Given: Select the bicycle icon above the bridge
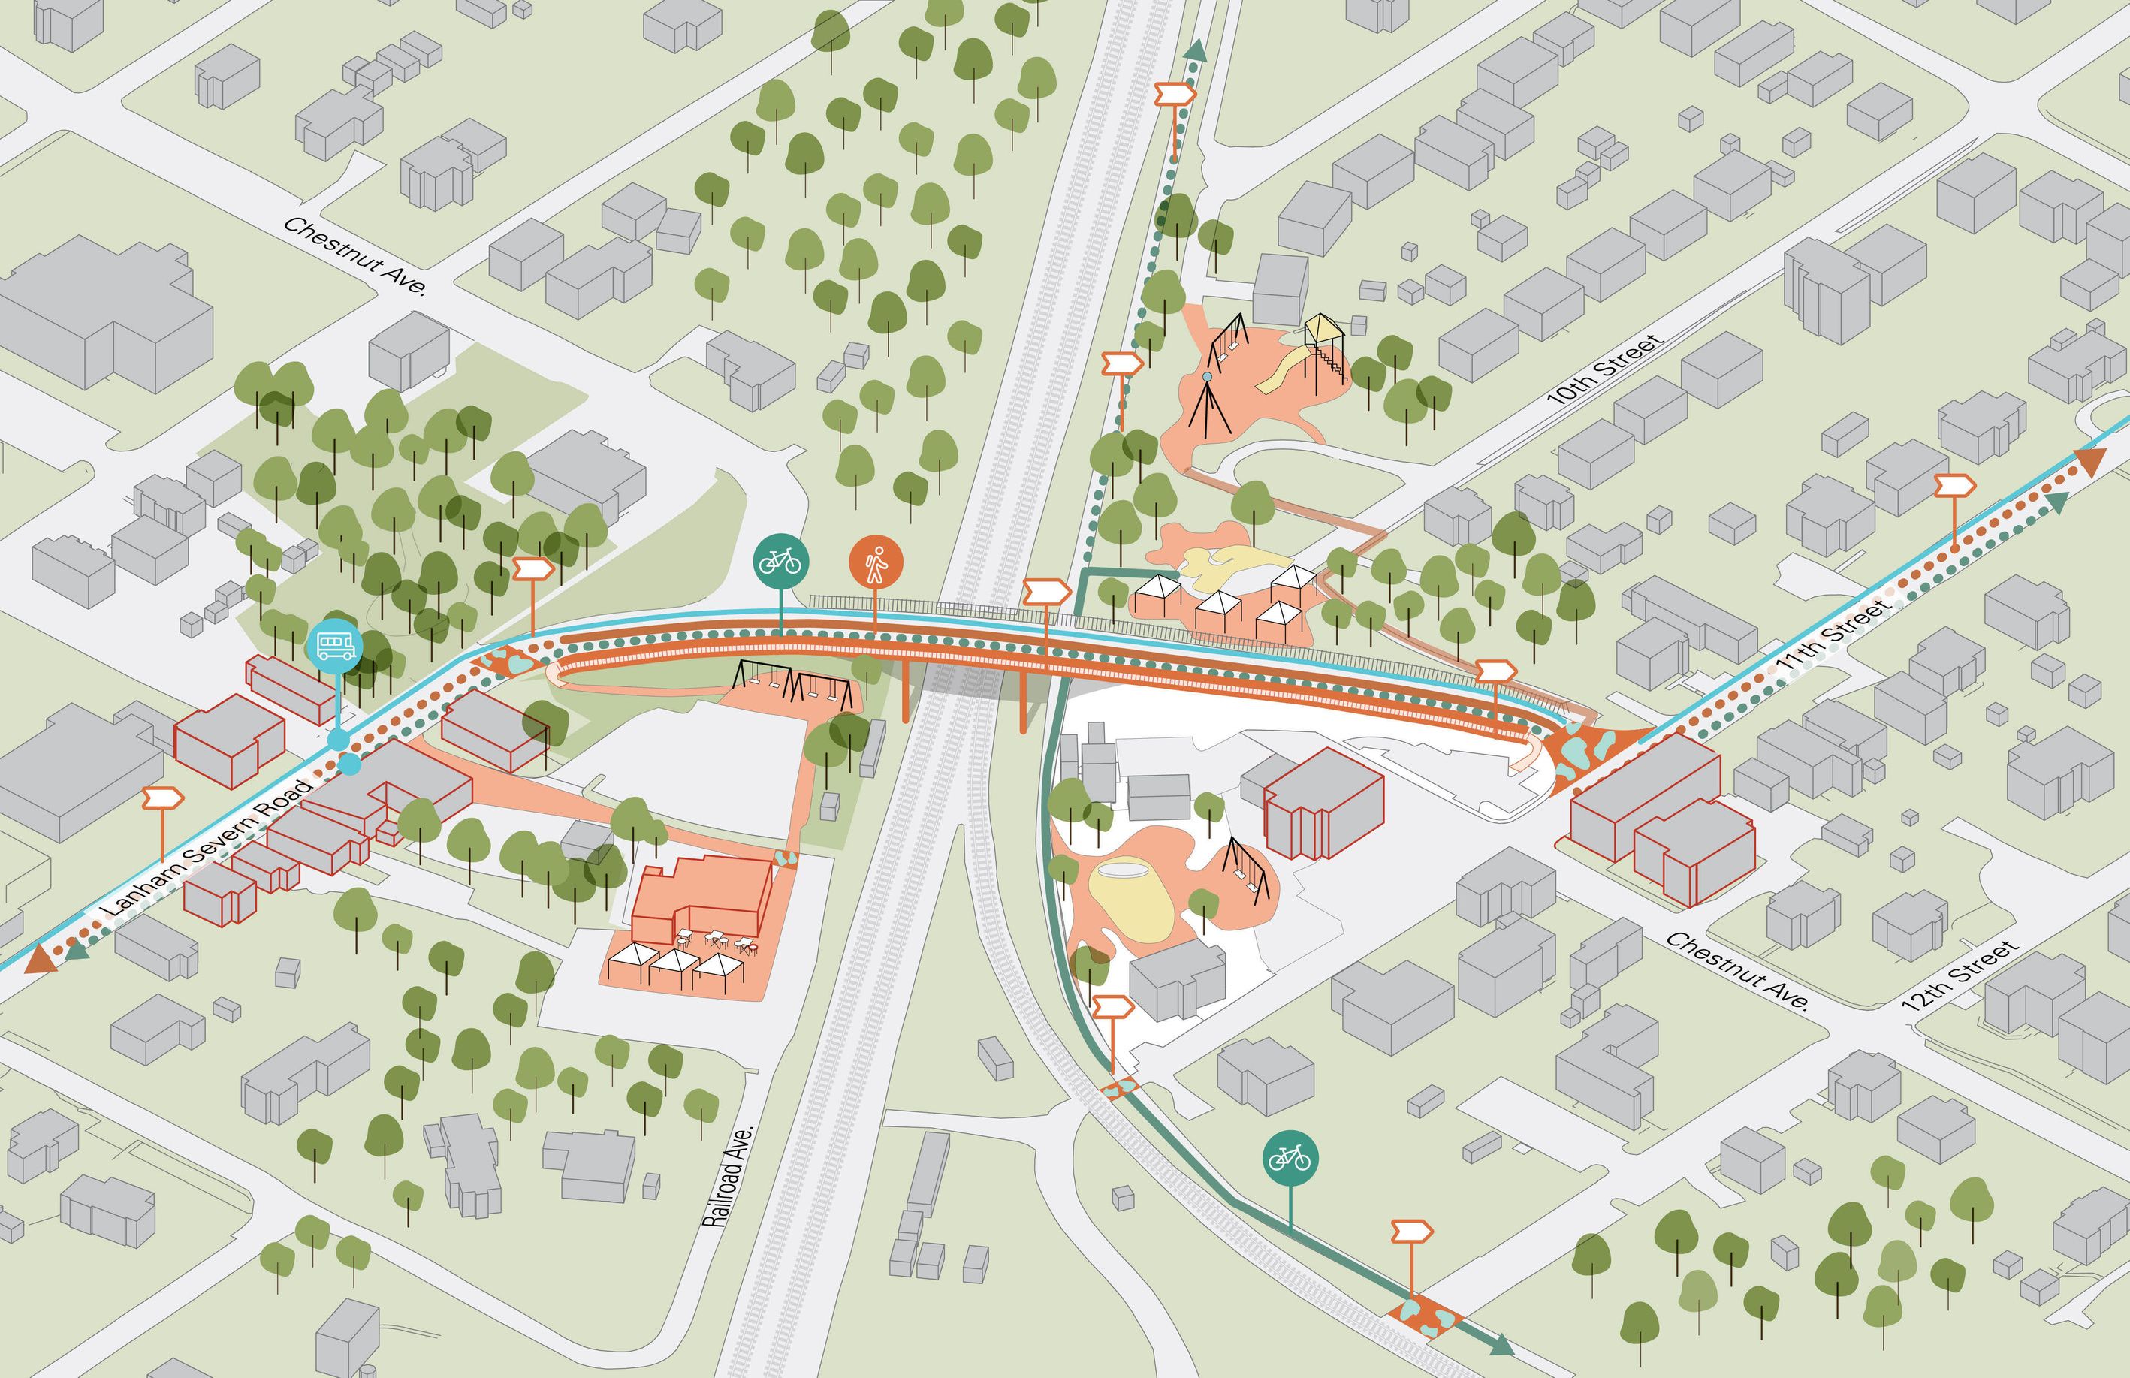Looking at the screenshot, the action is [x=780, y=561].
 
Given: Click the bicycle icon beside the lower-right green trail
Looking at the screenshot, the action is [x=1290, y=1159].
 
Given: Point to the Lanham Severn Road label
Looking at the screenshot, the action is [x=207, y=849].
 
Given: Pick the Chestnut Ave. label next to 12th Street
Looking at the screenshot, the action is [x=1736, y=971].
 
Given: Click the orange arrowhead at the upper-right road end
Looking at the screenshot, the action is [x=2092, y=462].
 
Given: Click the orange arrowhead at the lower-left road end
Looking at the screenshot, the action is [x=41, y=959].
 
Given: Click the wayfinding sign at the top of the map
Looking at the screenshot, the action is [x=1175, y=93].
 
